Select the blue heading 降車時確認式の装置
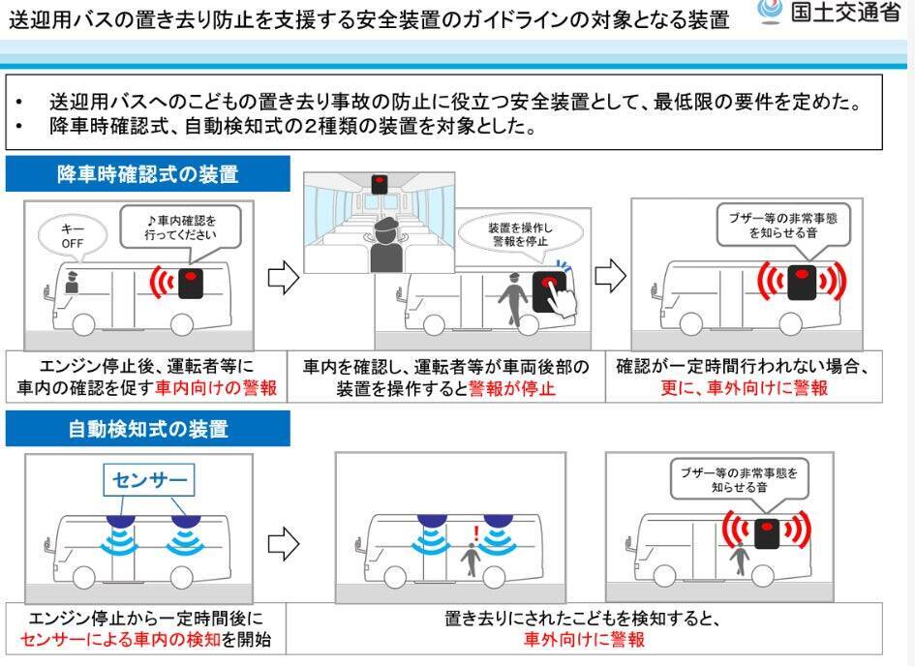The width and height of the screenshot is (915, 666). [x=147, y=174]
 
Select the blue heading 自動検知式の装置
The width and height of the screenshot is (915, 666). [x=147, y=428]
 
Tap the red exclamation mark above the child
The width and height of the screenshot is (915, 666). [x=475, y=532]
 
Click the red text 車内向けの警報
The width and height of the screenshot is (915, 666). [x=229, y=388]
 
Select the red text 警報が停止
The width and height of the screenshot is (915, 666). [x=513, y=388]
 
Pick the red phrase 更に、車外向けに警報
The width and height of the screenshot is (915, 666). [x=745, y=388]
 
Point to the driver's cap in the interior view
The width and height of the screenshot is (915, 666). [x=382, y=225]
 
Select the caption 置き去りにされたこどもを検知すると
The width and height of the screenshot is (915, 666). [x=584, y=618]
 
